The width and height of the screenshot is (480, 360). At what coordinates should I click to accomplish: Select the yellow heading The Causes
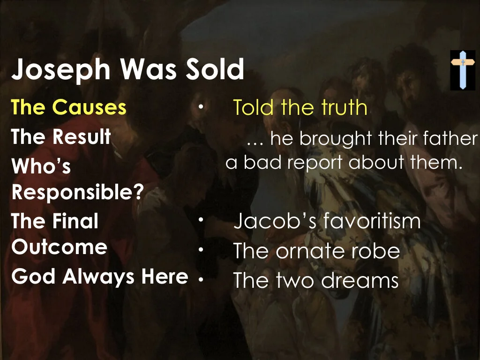69,107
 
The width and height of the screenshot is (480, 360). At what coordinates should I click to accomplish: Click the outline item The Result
61,136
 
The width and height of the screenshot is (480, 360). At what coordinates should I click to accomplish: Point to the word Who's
41,166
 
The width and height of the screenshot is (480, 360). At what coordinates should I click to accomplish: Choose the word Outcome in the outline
60,247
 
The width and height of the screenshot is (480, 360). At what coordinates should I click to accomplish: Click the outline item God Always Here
99,277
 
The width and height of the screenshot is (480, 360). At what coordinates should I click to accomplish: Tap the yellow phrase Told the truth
300,107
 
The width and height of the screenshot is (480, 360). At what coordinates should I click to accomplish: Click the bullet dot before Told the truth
200,107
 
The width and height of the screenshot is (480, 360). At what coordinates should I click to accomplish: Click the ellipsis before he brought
255,140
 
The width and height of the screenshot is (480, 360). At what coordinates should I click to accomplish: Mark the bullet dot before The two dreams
200,279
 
